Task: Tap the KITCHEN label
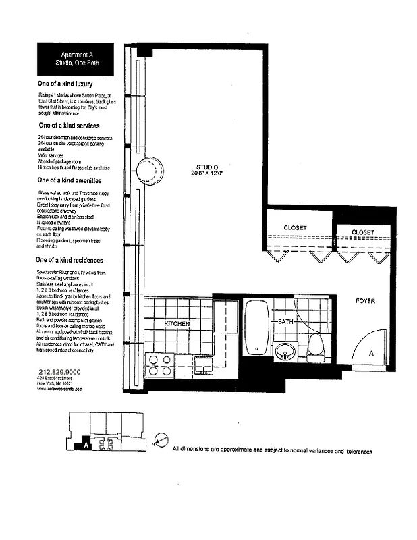[177, 325]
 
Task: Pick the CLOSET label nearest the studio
[295, 228]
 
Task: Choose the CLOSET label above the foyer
[362, 232]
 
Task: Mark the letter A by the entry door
[370, 352]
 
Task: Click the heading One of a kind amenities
[70, 180]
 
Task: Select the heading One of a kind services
[69, 126]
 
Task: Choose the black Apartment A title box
[74, 59]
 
